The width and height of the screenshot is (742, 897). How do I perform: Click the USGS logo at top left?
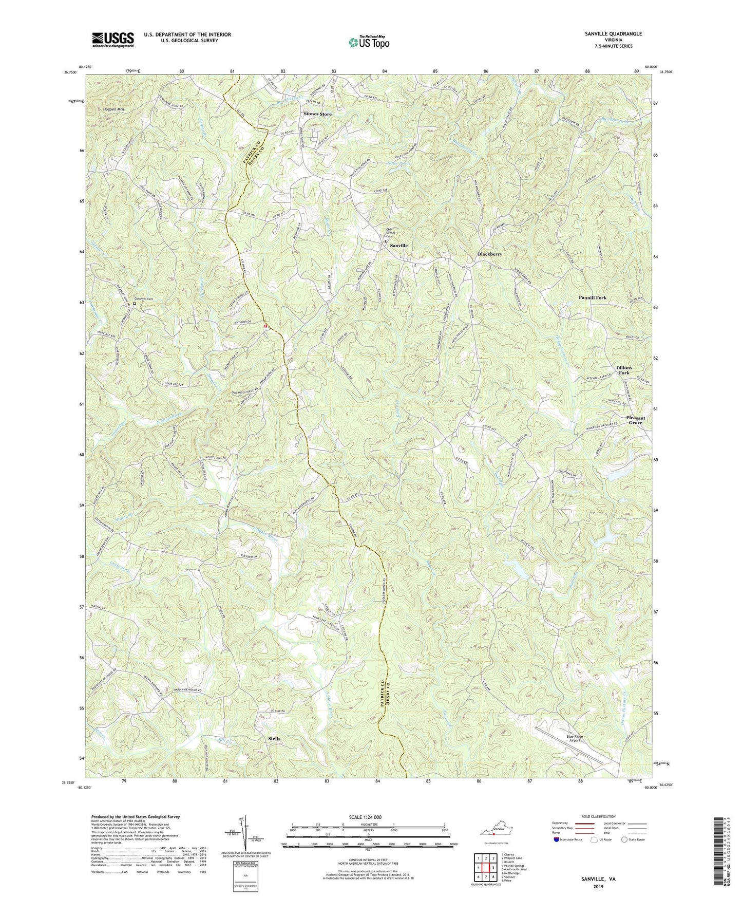(x=113, y=39)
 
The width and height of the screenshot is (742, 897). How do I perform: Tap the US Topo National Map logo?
(x=368, y=42)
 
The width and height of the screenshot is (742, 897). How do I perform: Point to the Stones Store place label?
(x=317, y=114)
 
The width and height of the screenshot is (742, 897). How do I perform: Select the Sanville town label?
(x=398, y=246)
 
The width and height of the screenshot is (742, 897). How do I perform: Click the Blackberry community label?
(x=489, y=254)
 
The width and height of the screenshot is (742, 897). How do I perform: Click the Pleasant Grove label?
(x=635, y=420)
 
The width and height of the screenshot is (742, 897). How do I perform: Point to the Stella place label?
(x=274, y=739)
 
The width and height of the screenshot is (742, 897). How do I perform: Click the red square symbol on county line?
(x=265, y=326)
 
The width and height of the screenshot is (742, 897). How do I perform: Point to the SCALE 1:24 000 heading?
(x=368, y=817)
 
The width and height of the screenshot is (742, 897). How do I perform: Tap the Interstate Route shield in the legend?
(x=557, y=839)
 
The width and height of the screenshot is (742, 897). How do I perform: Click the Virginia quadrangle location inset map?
(x=496, y=832)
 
